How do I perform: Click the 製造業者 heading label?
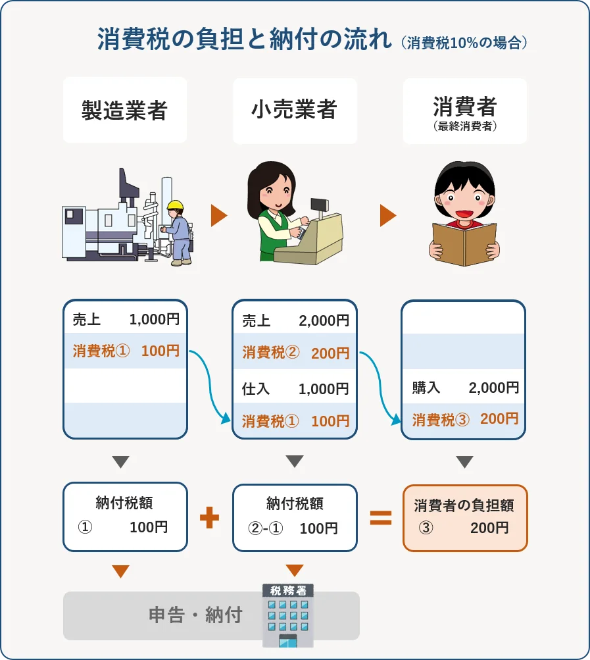click(125, 110)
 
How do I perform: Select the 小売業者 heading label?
click(294, 110)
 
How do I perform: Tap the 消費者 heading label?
click(464, 106)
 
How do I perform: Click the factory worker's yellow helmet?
click(175, 205)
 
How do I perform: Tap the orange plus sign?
click(209, 518)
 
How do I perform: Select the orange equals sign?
click(380, 518)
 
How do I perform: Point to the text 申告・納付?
click(195, 615)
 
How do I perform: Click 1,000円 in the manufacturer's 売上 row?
click(154, 320)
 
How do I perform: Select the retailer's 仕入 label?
click(256, 389)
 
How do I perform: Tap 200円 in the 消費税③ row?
click(499, 419)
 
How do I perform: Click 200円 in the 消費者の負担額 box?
click(489, 527)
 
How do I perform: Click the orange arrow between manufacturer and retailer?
click(218, 216)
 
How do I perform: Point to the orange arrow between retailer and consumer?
click(388, 216)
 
